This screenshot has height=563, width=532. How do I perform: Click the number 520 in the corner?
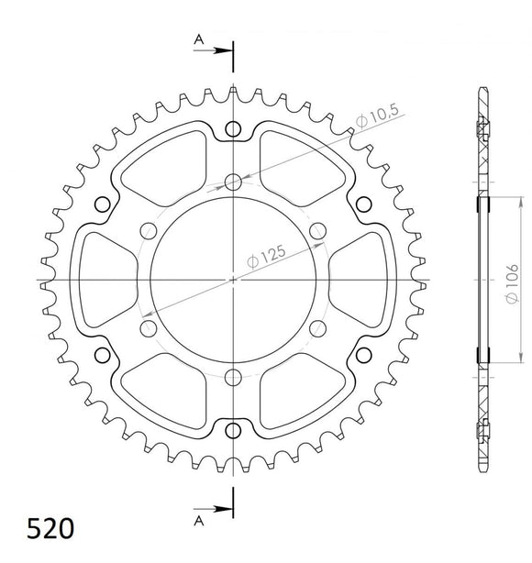click(x=38, y=530)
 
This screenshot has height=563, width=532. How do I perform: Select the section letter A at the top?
click(x=197, y=39)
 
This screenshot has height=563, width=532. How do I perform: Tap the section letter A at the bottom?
click(x=197, y=520)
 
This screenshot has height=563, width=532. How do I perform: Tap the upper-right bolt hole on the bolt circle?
click(x=318, y=229)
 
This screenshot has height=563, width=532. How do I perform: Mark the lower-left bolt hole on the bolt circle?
click(x=148, y=326)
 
